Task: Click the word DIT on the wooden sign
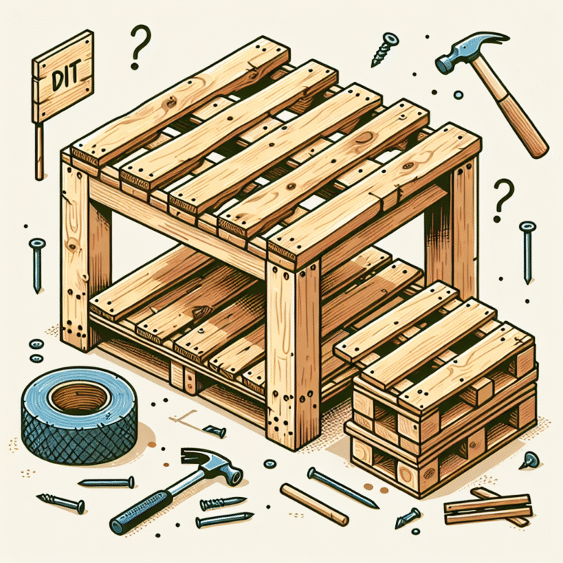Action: tap(65, 77)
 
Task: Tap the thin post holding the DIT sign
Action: tap(39, 151)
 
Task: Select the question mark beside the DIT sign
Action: tap(140, 47)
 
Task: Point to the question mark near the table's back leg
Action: tap(503, 200)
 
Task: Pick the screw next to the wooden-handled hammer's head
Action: tap(384, 50)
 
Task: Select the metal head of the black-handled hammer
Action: tap(212, 464)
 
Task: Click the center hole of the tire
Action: tap(80, 398)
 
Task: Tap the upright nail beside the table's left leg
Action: tap(37, 265)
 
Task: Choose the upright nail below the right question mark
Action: tap(527, 252)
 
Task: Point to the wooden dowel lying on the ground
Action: tap(314, 504)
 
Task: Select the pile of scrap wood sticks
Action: tap(488, 507)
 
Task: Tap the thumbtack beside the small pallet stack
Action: tap(529, 460)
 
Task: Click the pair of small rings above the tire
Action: tap(36, 350)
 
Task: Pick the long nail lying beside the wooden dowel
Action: tap(343, 487)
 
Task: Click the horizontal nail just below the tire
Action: tap(106, 482)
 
